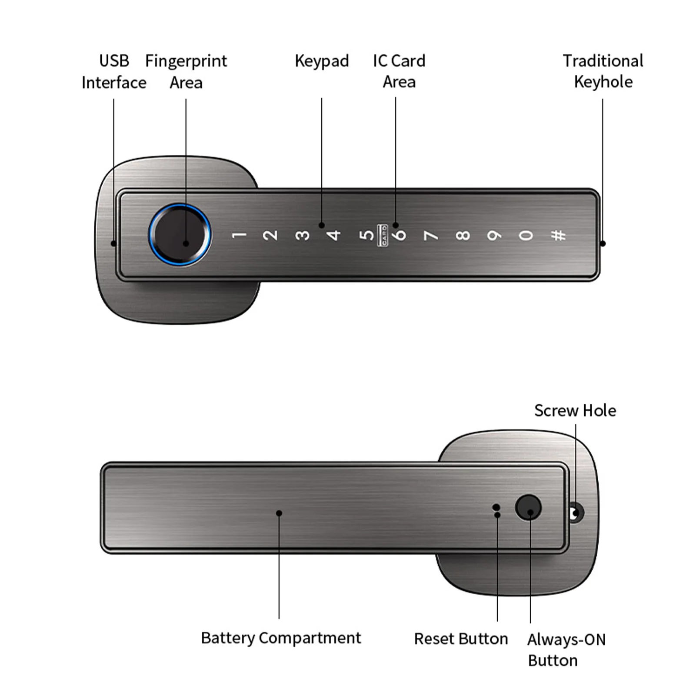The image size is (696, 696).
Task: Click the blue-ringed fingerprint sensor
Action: (180, 234)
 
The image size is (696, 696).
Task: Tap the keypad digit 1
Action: (239, 235)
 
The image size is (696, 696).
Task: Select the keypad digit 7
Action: (430, 236)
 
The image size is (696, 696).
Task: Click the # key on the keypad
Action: (558, 236)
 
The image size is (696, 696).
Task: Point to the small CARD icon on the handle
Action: (383, 235)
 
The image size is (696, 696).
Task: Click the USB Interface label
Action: (114, 72)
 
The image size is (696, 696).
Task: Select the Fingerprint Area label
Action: (186, 72)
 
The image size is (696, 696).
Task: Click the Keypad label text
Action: (322, 61)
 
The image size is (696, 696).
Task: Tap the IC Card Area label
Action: (399, 71)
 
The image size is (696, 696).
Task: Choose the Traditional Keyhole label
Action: (603, 71)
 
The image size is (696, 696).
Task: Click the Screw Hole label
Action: (575, 411)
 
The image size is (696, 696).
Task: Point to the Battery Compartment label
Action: (281, 638)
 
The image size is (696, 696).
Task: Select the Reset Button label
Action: (461, 639)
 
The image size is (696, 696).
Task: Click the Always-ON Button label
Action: (566, 650)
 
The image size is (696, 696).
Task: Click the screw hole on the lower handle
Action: (576, 513)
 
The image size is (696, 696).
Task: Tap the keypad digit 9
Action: (494, 236)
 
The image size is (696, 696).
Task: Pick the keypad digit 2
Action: (270, 235)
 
